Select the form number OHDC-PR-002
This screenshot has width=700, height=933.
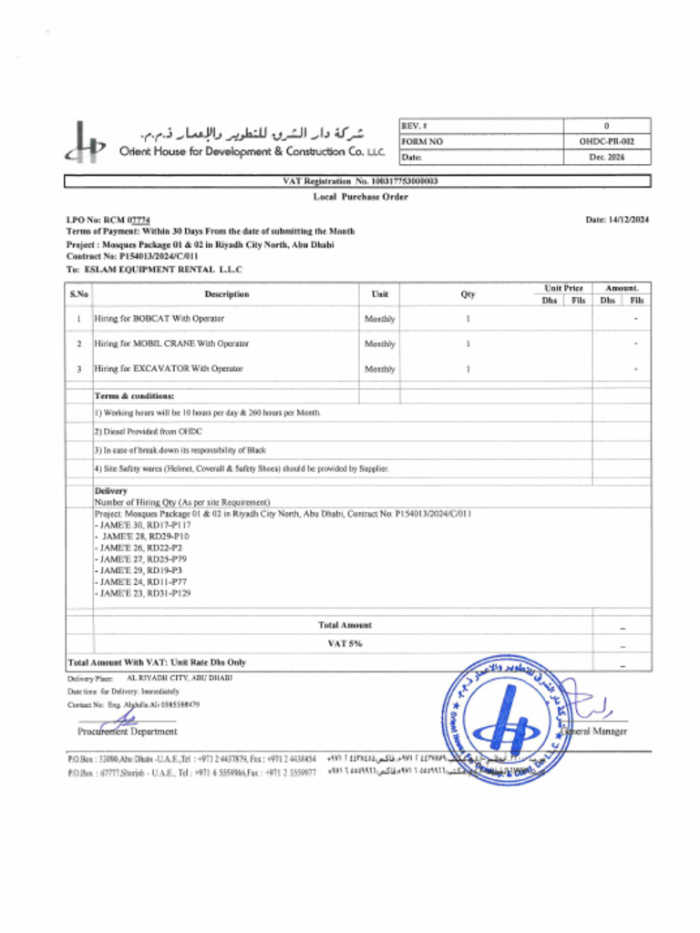point(606,141)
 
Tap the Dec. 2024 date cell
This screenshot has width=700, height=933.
point(606,157)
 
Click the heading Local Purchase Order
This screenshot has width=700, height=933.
point(360,197)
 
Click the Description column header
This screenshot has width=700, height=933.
point(227,294)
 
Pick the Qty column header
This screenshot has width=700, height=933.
point(468,294)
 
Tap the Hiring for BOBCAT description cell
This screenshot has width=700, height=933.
point(160,319)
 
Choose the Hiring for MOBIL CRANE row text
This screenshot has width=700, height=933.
point(172,343)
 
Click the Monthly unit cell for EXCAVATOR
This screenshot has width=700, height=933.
point(379,369)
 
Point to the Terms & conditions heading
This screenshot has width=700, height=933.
point(134,396)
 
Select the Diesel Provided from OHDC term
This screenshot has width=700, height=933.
point(148,431)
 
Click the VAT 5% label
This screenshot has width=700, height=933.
point(345,643)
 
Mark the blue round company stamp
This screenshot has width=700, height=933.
point(503,720)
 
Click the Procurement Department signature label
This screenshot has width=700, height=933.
point(128,731)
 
